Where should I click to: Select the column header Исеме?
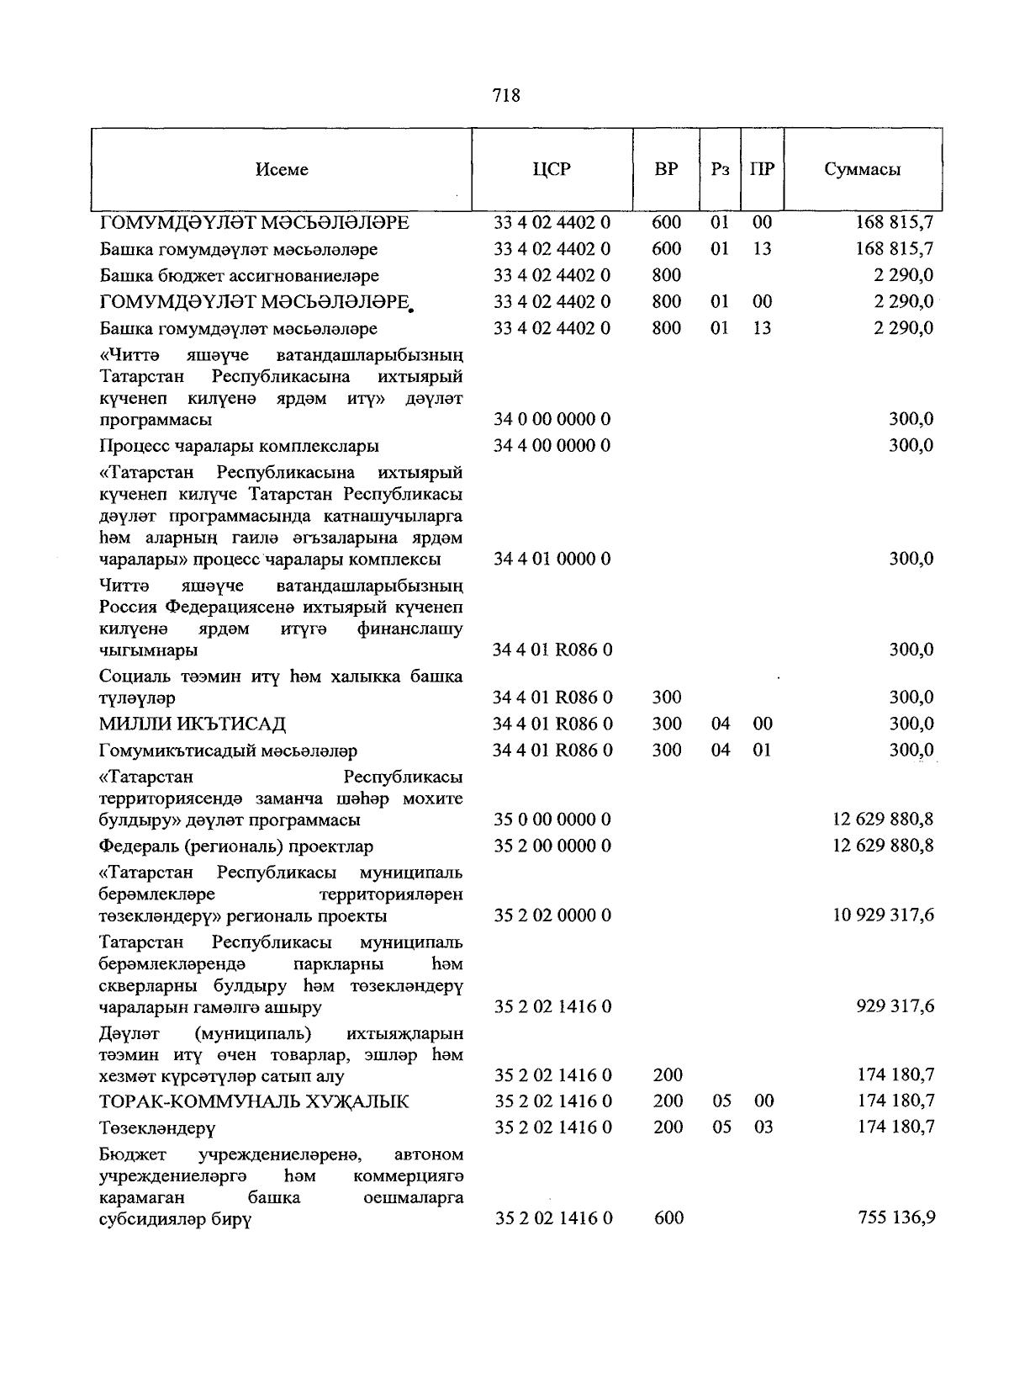click(x=282, y=169)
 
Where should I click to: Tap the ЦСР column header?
click(x=552, y=169)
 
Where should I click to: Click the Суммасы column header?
click(x=862, y=169)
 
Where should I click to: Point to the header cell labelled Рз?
click(x=720, y=169)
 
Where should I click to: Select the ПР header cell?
click(x=762, y=169)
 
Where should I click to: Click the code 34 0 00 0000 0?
click(x=552, y=419)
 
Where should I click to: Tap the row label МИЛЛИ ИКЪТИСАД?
click(x=193, y=724)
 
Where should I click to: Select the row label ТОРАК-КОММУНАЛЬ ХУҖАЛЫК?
click(x=254, y=1101)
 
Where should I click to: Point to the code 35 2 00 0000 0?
click(x=552, y=846)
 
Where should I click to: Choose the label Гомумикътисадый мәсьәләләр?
click(x=228, y=750)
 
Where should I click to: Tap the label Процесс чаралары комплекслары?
click(x=239, y=445)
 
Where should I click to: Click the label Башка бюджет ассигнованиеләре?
click(x=239, y=275)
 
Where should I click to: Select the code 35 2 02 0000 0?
click(x=552, y=915)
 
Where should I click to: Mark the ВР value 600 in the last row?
click(x=668, y=1218)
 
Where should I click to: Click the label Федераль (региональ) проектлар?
click(x=236, y=846)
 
